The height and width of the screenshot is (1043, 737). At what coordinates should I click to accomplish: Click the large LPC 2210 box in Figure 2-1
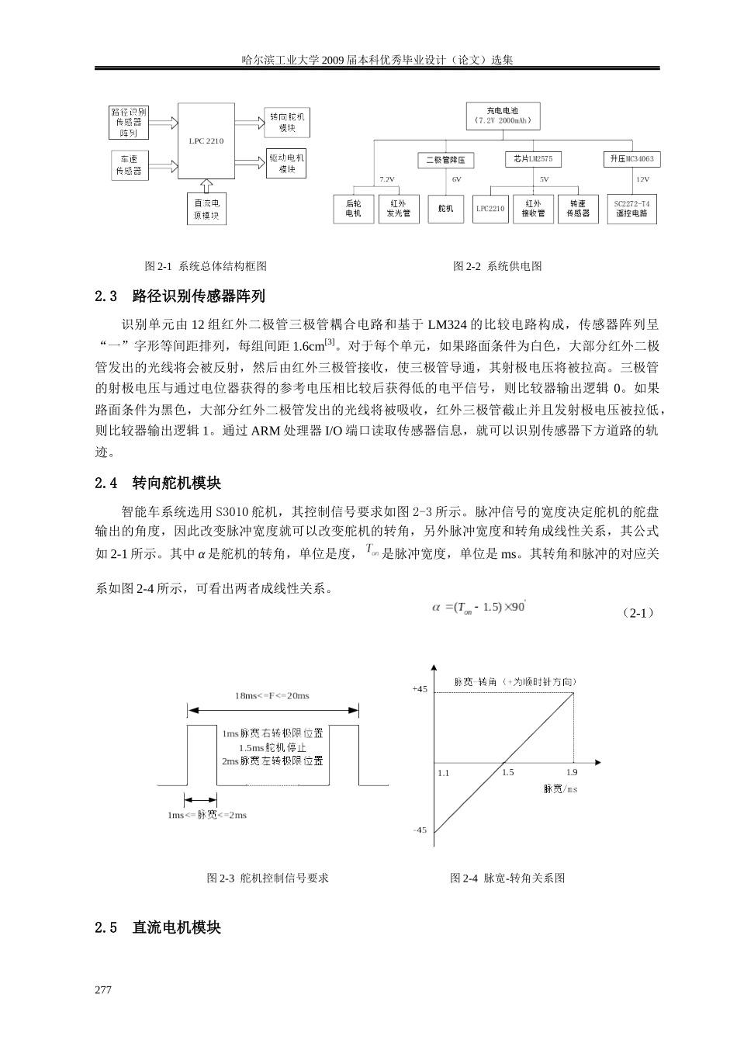pyautogui.click(x=206, y=140)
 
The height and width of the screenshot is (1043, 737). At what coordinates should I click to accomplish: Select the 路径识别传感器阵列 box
pyautogui.click(x=128, y=123)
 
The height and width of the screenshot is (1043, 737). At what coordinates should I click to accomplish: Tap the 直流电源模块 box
pyautogui.click(x=206, y=210)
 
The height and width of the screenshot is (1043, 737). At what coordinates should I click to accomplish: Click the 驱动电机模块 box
pyautogui.click(x=287, y=163)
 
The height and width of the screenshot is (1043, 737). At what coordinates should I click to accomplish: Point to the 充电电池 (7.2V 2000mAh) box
pyautogui.click(x=502, y=116)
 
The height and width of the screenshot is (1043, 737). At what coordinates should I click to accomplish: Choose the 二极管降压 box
pyautogui.click(x=445, y=160)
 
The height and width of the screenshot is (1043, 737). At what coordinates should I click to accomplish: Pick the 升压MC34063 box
pyautogui.click(x=631, y=159)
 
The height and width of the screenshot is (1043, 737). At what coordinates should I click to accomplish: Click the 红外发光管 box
pyautogui.click(x=399, y=208)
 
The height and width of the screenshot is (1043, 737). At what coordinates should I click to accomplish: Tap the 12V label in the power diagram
pyautogui.click(x=642, y=179)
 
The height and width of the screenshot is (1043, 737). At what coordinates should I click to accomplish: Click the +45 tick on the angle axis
pyautogui.click(x=419, y=689)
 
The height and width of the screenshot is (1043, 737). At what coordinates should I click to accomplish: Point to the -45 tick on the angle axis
pyautogui.click(x=419, y=830)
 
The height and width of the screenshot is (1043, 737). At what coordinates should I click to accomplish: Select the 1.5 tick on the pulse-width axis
pyautogui.click(x=507, y=773)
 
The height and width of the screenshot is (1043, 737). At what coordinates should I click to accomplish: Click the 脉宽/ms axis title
pyautogui.click(x=560, y=789)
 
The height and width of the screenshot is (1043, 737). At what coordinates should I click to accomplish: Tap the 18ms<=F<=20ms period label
pyautogui.click(x=272, y=695)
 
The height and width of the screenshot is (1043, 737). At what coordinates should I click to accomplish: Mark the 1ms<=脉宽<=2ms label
pyautogui.click(x=207, y=815)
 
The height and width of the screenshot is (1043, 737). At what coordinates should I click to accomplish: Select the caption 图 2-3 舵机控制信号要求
pyautogui.click(x=268, y=878)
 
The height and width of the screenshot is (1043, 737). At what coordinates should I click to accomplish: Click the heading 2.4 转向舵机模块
pyautogui.click(x=157, y=483)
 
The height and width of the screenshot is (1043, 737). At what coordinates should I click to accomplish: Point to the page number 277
pyautogui.click(x=103, y=990)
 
